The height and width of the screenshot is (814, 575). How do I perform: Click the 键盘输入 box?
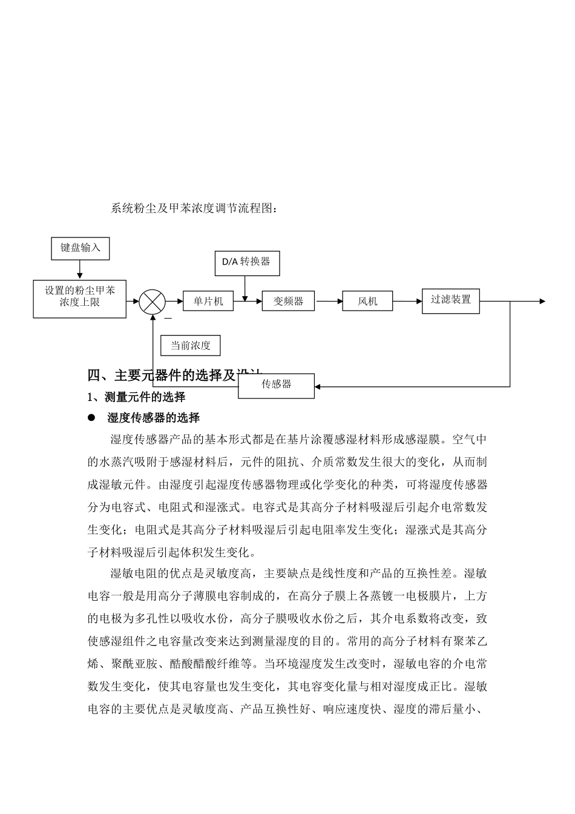(x=80, y=248)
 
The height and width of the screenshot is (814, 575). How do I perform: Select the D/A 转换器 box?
(x=246, y=263)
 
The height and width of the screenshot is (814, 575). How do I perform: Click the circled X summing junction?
(x=152, y=301)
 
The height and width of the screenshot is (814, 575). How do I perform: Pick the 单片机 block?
(x=208, y=301)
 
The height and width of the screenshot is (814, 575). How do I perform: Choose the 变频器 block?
(x=288, y=301)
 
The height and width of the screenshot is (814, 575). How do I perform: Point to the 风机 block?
(x=367, y=301)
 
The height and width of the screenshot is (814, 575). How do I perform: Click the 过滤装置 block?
(x=450, y=300)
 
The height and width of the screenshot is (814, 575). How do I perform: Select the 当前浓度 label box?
(x=190, y=346)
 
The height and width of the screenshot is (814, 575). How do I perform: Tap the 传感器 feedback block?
(x=276, y=385)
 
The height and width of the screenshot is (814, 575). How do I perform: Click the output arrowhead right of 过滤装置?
(x=542, y=301)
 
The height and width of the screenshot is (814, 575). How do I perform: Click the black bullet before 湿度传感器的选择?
(x=92, y=418)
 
